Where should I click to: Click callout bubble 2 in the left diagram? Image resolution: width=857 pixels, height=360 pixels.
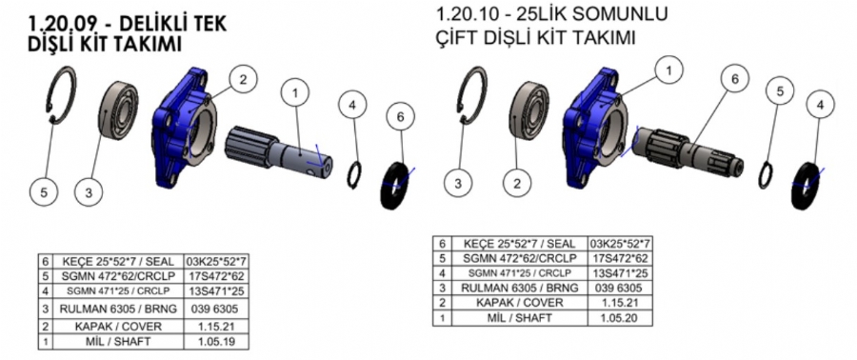tap(243, 80)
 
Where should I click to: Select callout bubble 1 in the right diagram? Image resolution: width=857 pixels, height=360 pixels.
tap(669, 69)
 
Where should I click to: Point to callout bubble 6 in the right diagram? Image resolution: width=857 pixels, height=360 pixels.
tap(735, 80)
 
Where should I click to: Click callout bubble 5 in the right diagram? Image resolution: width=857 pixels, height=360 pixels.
tap(779, 92)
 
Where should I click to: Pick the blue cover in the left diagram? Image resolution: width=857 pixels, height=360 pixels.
tap(184, 127)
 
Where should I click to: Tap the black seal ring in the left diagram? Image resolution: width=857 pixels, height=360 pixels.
tap(394, 186)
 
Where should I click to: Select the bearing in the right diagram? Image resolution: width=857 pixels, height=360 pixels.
tap(529, 110)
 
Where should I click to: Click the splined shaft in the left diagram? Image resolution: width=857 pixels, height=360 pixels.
tap(278, 152)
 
